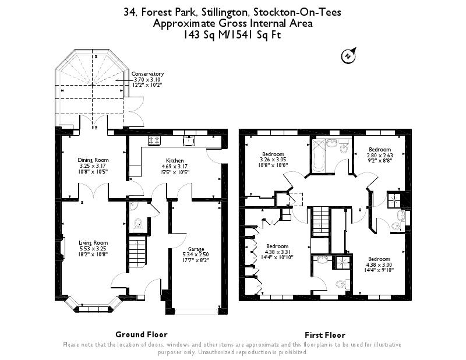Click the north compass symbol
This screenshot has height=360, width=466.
[x=347, y=56]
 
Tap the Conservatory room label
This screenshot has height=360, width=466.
[x=148, y=74]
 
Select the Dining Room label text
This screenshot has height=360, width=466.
[x=93, y=160]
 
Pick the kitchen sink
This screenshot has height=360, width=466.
[x=189, y=140]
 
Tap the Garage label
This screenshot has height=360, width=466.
[x=195, y=249]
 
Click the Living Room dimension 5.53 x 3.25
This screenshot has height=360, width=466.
[x=93, y=249]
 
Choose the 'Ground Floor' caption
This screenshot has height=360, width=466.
[x=142, y=334]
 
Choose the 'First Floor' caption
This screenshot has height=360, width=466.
[x=325, y=335]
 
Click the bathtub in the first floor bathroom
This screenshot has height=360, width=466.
[x=319, y=156]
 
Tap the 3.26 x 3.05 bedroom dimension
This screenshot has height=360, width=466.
[x=273, y=159]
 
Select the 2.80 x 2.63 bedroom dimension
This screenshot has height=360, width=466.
[x=380, y=155]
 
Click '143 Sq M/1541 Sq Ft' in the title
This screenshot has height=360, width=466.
[x=232, y=34]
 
